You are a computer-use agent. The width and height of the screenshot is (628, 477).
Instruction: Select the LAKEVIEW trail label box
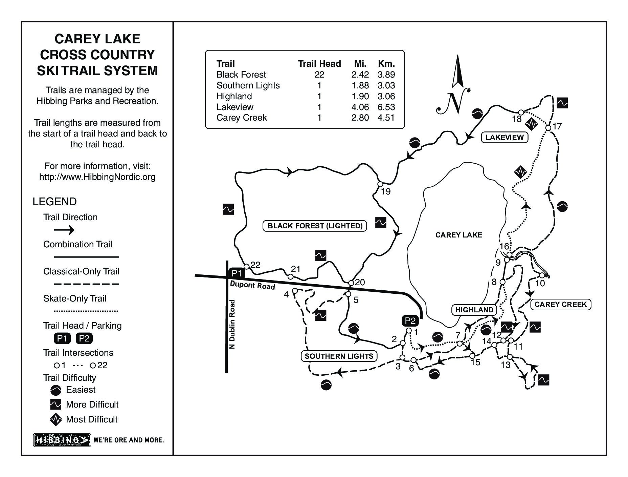click(x=504, y=137)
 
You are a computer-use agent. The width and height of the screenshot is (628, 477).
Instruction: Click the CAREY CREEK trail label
click(x=560, y=304)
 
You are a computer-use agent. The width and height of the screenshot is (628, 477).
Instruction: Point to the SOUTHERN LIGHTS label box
click(x=339, y=356)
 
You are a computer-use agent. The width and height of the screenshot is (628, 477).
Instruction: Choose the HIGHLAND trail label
click(x=474, y=310)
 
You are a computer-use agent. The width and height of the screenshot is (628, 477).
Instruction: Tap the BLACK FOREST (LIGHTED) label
click(x=315, y=226)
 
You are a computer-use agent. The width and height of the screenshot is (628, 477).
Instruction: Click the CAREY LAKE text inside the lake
click(x=458, y=235)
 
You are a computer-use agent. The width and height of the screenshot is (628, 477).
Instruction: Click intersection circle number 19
click(x=380, y=184)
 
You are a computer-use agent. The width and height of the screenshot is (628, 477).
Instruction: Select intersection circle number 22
click(x=247, y=266)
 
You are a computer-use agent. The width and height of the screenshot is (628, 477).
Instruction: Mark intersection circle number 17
click(x=548, y=128)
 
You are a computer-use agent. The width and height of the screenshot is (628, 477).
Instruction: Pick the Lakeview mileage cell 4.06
click(x=360, y=107)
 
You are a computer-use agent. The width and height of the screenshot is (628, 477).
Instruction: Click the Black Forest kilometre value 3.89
click(x=386, y=75)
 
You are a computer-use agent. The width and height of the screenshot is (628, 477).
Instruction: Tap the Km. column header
click(x=386, y=64)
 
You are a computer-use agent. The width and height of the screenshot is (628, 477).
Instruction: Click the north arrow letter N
click(x=453, y=102)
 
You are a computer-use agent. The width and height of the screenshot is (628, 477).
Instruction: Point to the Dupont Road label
click(x=252, y=285)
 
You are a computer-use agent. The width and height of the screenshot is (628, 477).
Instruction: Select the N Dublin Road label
click(x=232, y=324)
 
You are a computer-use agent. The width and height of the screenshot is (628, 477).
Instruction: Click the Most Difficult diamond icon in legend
click(x=56, y=419)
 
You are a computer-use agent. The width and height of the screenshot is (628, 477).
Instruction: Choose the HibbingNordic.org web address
click(x=97, y=177)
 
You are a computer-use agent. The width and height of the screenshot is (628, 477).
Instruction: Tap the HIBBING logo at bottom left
click(x=62, y=440)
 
